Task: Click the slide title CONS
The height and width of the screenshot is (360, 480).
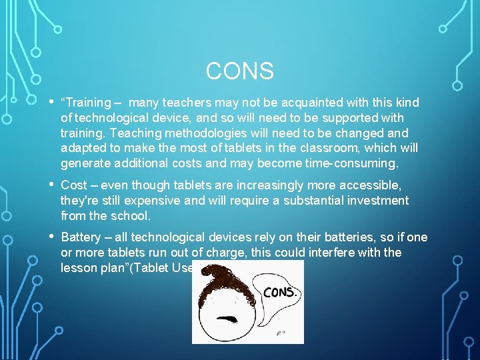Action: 240,71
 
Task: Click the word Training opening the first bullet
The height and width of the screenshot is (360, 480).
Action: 87,103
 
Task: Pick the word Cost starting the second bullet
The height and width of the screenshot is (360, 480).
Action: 74,185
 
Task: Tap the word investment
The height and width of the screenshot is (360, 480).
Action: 375,200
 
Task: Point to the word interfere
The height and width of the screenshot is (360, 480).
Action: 335,252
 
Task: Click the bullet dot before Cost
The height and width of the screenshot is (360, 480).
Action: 51,183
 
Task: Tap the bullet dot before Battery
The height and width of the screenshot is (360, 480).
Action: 51,235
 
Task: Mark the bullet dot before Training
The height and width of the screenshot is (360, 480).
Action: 51,101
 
